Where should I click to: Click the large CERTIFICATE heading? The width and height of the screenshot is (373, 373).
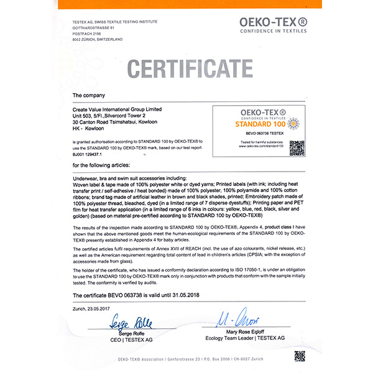coord(186,67)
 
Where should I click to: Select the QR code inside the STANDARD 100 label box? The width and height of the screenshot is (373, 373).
coord(297,148)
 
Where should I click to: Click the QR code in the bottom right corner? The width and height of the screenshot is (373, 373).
coord(300,356)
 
